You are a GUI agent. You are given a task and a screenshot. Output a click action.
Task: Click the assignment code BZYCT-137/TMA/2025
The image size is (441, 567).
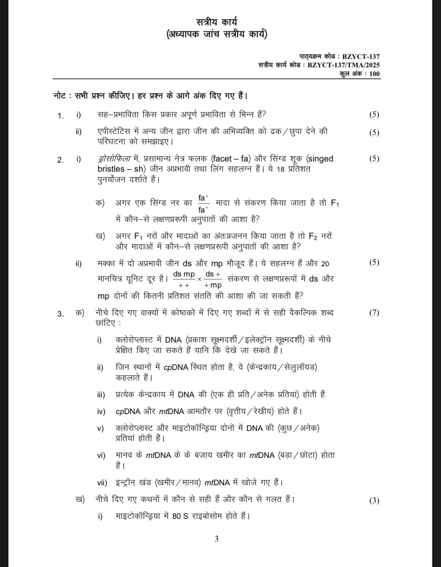click(x=343, y=65)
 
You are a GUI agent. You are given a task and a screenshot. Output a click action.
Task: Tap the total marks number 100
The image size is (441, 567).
click(x=374, y=74)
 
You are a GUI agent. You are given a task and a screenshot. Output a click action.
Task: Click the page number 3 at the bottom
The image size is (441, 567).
click(x=216, y=539)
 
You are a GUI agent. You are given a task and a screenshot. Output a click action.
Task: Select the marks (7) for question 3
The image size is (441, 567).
click(x=374, y=313)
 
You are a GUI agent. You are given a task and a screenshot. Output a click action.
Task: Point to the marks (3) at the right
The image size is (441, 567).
click(x=374, y=501)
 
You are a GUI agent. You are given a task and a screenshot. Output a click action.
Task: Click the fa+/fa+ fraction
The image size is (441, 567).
click(x=203, y=204)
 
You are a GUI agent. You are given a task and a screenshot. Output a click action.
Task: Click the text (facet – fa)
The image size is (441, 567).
click(x=231, y=159)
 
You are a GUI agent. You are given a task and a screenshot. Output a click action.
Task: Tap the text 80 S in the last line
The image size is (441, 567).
click(x=180, y=516)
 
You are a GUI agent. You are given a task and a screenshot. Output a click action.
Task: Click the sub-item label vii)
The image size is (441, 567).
click(x=102, y=483)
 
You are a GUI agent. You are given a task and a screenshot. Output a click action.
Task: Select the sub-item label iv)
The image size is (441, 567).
click(x=101, y=411)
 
